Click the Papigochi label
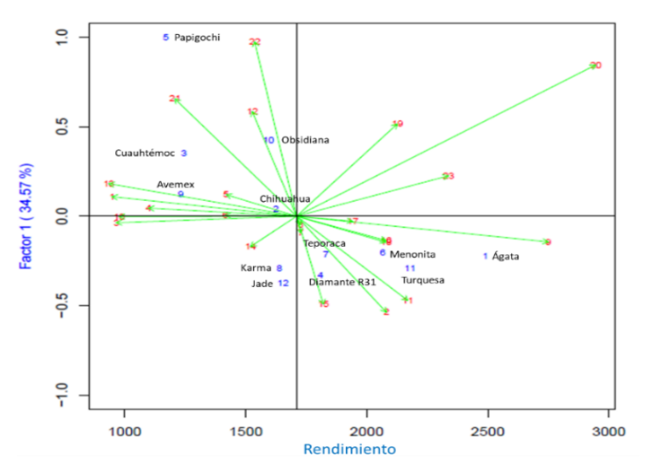(197, 38)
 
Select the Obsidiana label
(304, 140)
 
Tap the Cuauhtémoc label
(144, 153)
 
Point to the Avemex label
(175, 184)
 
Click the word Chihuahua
(285, 198)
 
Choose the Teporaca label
(323, 243)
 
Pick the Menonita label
(412, 254)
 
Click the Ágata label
(506, 257)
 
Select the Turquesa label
(422, 280)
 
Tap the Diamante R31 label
(342, 282)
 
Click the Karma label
(256, 267)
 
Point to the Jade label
(262, 284)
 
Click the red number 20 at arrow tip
(595, 66)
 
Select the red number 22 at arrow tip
(255, 42)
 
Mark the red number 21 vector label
(175, 99)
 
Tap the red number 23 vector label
(448, 176)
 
